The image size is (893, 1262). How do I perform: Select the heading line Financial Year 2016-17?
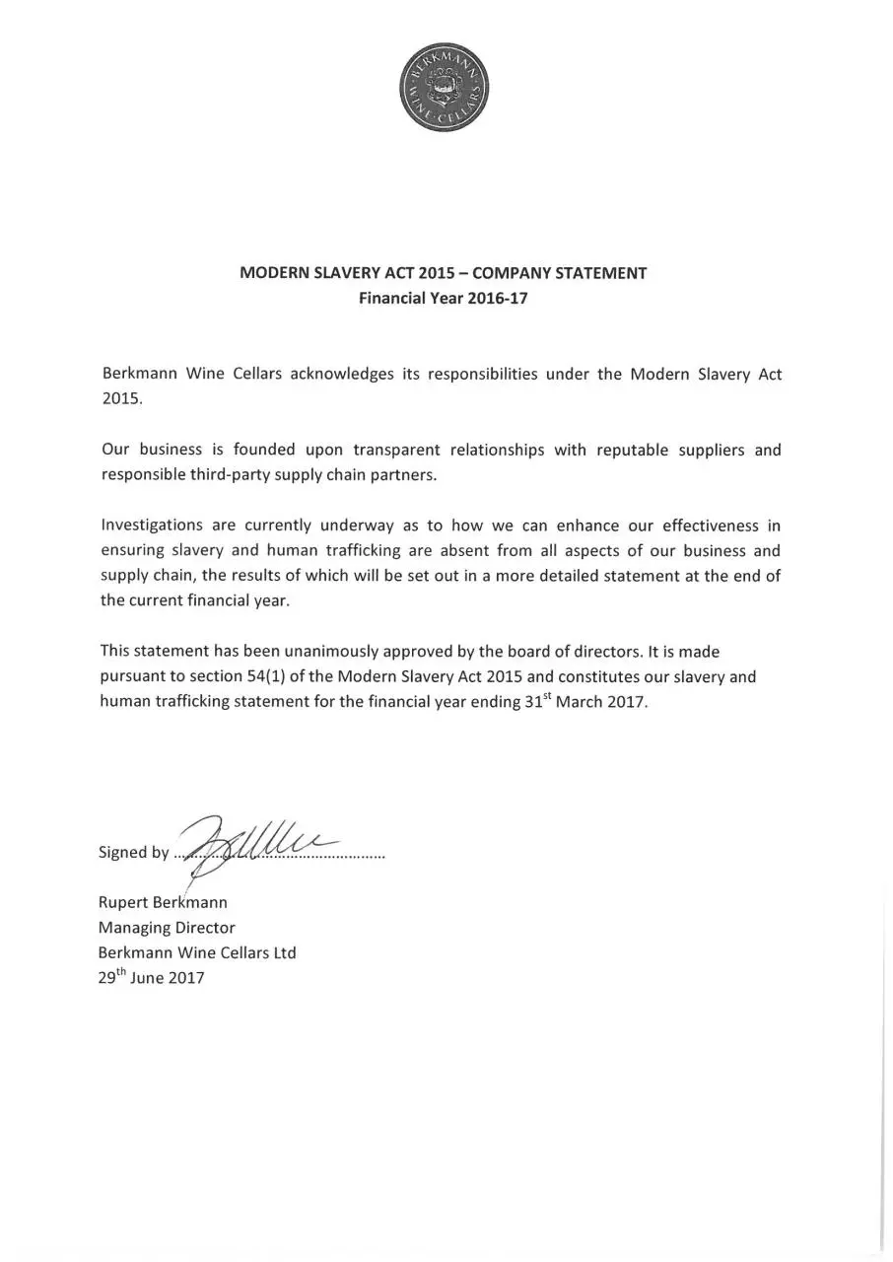tap(444, 298)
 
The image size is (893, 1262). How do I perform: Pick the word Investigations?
tap(152, 526)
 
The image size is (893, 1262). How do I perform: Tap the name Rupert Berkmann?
tap(163, 902)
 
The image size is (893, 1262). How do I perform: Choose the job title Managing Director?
tap(167, 928)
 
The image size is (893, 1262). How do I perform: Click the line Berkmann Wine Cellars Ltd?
tap(197, 953)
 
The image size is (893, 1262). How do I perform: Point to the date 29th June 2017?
tap(151, 978)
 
